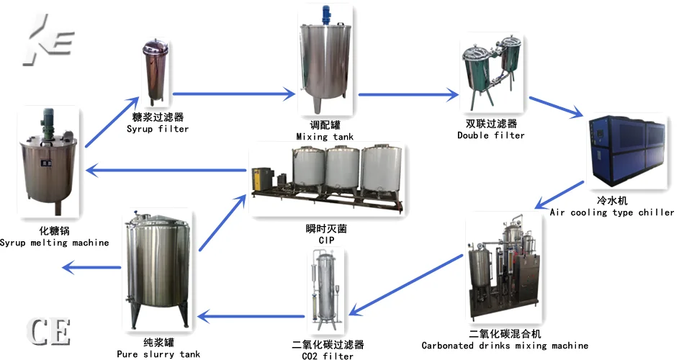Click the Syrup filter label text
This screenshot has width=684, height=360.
coord(158,129)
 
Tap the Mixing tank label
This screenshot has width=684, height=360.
coord(323,136)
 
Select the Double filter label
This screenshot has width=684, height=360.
coord(491,135)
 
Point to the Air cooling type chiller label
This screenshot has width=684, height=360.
coord(612,212)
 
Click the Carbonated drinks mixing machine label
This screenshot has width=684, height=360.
coord(505,346)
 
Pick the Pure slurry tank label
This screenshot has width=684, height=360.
coord(158,354)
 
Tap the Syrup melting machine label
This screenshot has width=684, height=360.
coord(55,243)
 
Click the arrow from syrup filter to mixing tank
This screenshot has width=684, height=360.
coord(235,93)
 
